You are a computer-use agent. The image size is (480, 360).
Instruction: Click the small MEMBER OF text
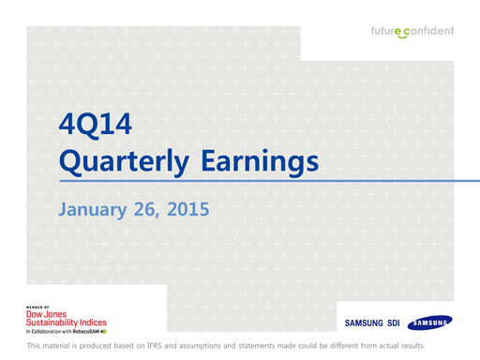(37, 307)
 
